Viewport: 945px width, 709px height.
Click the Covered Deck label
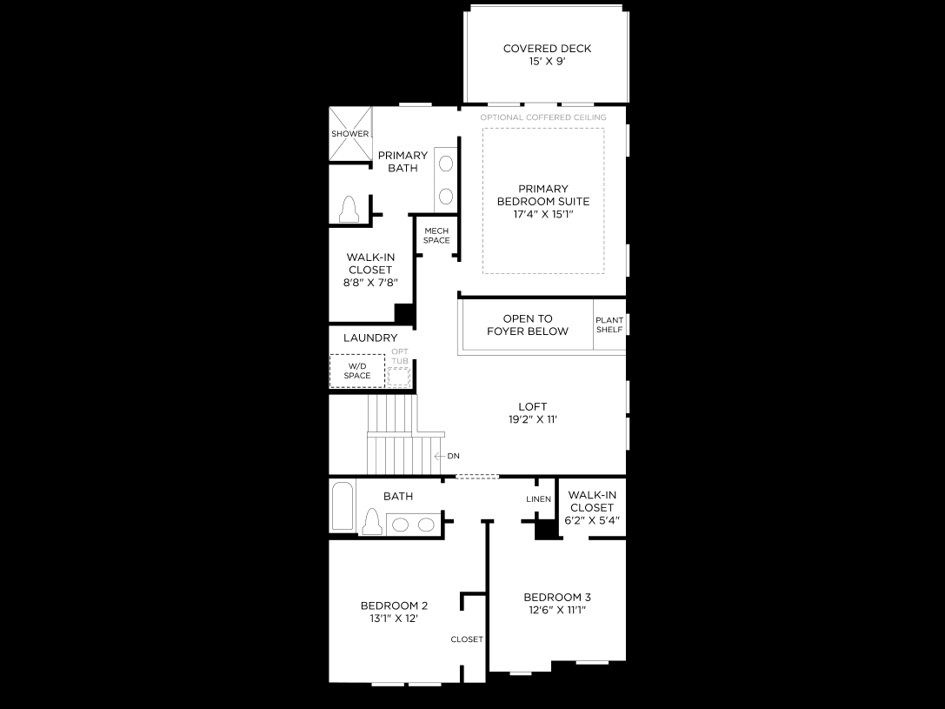click(x=547, y=48)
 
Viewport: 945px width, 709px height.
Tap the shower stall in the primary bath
click(x=350, y=134)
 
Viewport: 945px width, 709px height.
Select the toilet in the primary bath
click(x=349, y=209)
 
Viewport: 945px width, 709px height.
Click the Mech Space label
click(x=436, y=235)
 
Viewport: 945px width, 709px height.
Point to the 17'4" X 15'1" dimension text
click(x=543, y=214)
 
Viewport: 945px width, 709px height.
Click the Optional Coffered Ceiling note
click(x=543, y=117)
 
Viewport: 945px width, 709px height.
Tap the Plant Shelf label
click(x=609, y=325)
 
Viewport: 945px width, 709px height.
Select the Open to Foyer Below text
click(x=528, y=325)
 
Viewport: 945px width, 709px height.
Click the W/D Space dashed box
click(x=356, y=371)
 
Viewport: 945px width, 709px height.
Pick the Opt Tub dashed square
click(x=398, y=377)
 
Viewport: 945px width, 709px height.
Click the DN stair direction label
click(x=453, y=456)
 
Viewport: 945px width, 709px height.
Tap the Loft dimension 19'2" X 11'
click(x=532, y=419)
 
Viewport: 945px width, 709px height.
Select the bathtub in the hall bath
click(x=343, y=505)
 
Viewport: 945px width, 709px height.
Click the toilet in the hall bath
click(x=372, y=521)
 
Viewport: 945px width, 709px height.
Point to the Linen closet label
click(x=538, y=499)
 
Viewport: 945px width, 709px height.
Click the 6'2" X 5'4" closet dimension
click(x=592, y=520)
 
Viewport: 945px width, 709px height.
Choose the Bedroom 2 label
click(x=394, y=605)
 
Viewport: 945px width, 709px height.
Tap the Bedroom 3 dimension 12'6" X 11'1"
click(x=557, y=610)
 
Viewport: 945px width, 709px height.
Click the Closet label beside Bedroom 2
click(x=467, y=639)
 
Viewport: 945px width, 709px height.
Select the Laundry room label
click(x=370, y=338)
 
